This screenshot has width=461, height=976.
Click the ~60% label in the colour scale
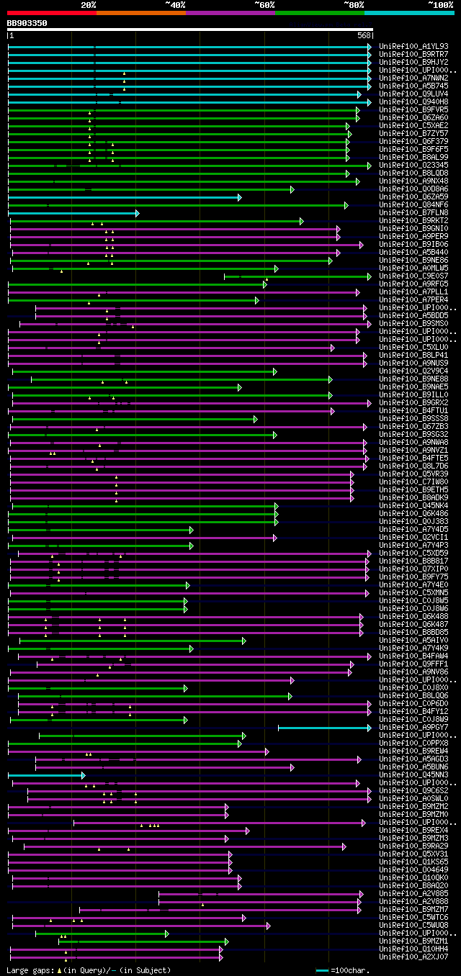coord(264,5)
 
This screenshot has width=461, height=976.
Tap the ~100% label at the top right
coord(440,5)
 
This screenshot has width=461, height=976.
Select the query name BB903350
coord(27,23)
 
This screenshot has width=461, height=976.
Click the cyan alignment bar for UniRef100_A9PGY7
coord(324,728)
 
